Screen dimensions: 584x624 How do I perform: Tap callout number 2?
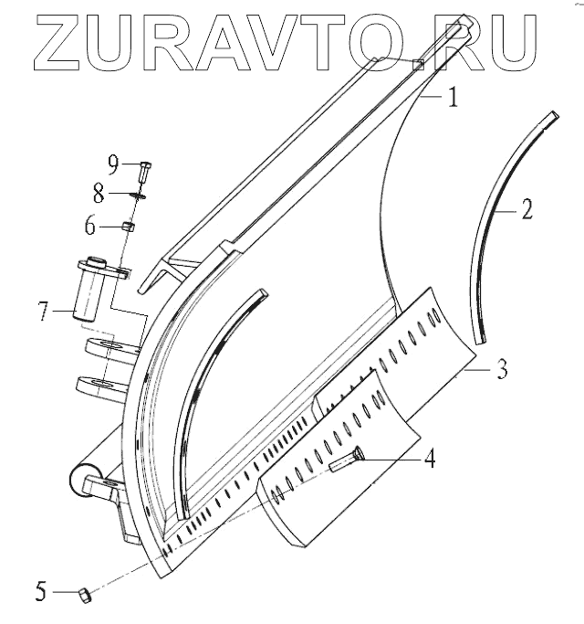(527, 211)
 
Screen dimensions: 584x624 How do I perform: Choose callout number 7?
(42, 312)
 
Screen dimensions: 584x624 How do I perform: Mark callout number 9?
(113, 164)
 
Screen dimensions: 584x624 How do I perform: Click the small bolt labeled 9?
(145, 169)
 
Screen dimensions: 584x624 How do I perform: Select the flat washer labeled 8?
(141, 194)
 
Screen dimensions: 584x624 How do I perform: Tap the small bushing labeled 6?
(130, 227)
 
